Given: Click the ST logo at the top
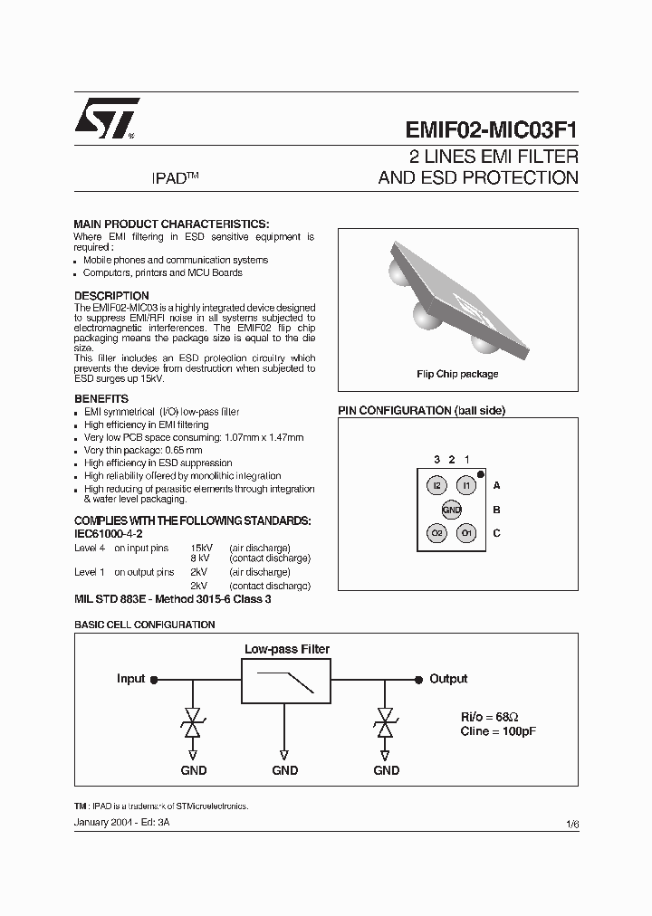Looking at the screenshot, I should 107,117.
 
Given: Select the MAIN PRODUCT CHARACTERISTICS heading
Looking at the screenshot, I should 171,224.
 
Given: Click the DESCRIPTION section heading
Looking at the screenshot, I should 111,296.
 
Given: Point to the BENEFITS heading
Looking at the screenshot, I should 101,399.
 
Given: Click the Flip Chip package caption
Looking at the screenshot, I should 457,374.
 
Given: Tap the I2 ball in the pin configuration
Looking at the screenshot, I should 437,486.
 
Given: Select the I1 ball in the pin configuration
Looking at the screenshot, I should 465,486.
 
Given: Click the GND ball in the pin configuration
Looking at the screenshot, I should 452,510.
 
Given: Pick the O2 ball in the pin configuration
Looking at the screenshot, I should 437,533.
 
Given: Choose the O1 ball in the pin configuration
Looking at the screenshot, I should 465,533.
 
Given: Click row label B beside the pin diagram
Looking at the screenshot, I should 496,510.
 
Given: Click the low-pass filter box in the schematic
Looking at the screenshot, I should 285,682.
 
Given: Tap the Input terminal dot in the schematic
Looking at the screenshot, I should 154,679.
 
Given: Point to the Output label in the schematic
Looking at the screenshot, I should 448,679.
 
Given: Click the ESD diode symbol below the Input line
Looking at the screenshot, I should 193,722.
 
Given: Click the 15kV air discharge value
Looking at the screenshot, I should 200,548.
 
